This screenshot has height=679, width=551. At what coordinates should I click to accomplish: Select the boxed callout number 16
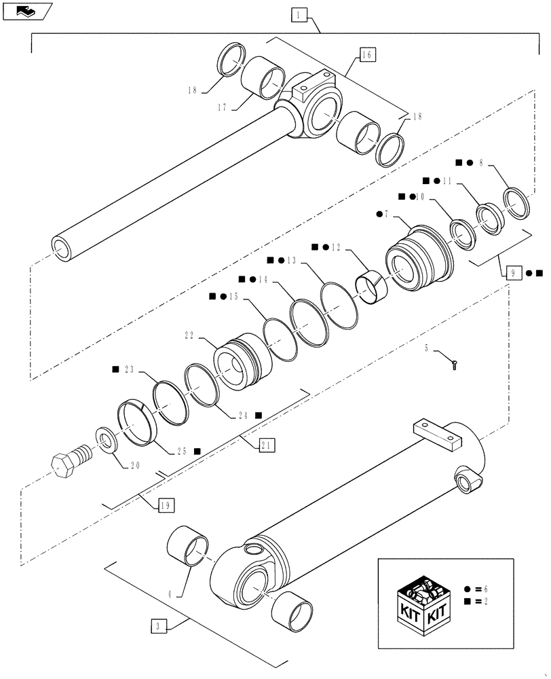[366, 55]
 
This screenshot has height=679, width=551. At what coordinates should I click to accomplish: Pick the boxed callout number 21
[266, 445]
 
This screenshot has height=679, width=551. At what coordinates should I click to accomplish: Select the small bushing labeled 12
[373, 288]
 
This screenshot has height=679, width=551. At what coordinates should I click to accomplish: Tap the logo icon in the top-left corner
[26, 10]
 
